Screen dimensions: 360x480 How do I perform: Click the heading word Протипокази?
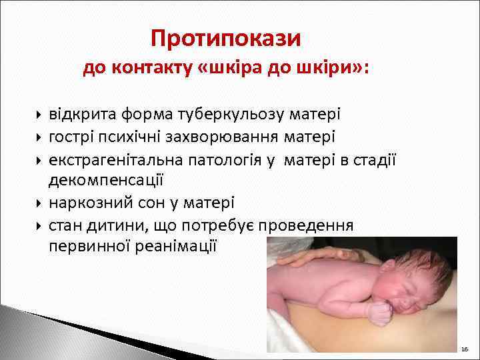tap(226, 38)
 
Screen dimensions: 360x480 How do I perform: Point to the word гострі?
tap(69, 137)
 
